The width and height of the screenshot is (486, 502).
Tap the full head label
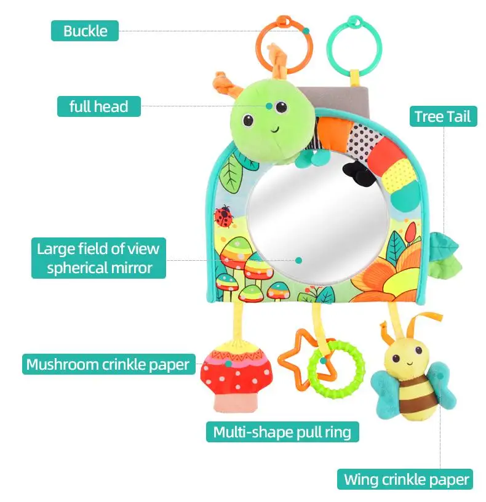tap(98, 106)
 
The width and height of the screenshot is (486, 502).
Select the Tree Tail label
tap(442, 116)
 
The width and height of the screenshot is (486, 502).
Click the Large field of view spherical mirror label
tap(98, 258)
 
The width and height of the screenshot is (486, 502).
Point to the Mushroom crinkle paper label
tap(108, 364)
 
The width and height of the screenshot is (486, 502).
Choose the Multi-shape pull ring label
tap(282, 432)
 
